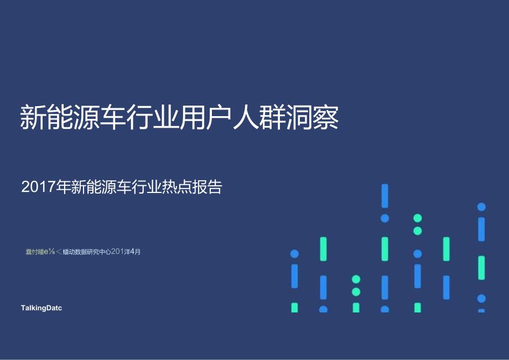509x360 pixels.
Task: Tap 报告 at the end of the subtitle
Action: click(x=209, y=187)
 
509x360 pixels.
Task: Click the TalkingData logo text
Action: click(x=41, y=308)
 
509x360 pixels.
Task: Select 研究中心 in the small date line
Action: click(x=98, y=252)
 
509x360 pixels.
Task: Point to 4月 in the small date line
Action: click(x=135, y=252)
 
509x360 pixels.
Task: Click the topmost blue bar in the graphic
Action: click(x=385, y=196)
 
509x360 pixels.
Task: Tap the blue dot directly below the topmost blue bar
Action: click(x=385, y=218)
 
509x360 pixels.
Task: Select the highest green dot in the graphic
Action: click(x=418, y=218)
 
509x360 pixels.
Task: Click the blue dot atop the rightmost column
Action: click(x=481, y=207)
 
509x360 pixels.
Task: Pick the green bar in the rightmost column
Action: click(x=481, y=268)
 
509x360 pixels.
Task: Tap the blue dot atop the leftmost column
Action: click(x=294, y=254)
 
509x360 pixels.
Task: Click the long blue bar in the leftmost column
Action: click(x=294, y=276)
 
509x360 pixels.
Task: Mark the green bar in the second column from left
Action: click(x=323, y=249)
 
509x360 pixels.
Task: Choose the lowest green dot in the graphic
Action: click(x=356, y=291)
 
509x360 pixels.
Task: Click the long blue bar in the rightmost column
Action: click(x=481, y=229)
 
